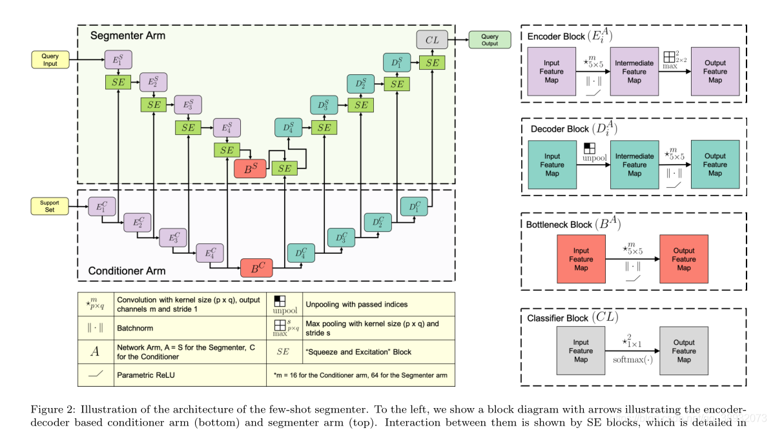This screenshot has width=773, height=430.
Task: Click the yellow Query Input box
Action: pyautogui.click(x=50, y=60)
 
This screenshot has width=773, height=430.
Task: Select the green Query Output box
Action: pyautogui.click(x=490, y=40)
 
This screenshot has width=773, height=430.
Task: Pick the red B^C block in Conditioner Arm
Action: pyautogui.click(x=258, y=267)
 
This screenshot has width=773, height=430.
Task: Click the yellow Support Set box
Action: pyautogui.click(x=50, y=207)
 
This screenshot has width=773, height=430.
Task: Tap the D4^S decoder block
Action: pyautogui.click(x=288, y=127)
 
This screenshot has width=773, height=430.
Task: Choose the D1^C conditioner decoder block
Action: pyautogui.click(x=414, y=206)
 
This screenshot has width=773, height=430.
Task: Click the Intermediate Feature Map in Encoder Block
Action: pyautogui.click(x=634, y=72)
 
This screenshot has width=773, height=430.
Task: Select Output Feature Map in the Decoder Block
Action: pyautogui.click(x=715, y=165)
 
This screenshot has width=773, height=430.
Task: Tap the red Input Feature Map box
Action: pyautogui.click(x=581, y=259)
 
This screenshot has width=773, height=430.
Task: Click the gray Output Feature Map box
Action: pyautogui.click(x=685, y=351)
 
